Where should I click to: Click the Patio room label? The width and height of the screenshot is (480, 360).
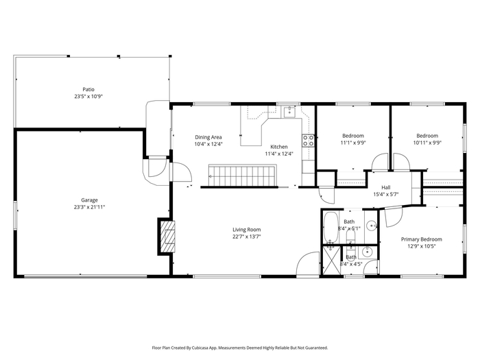coord(88,89)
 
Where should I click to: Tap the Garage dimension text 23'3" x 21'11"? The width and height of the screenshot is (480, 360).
coord(89,207)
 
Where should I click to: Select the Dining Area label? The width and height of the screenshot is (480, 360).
coord(208,137)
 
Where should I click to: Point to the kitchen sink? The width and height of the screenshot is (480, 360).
coord(289,112)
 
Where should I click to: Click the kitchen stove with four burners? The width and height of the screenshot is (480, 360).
coord(309,141)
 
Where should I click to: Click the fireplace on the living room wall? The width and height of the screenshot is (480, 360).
coord(167,236)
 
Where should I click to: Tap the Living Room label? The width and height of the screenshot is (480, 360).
coord(247,230)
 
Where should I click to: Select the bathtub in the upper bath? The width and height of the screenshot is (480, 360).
coord(331,227)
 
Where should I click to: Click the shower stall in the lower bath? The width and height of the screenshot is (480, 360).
coord(332,261)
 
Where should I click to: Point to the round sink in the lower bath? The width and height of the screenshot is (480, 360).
coord(367,252)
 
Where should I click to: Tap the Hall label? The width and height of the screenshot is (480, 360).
coord(385,187)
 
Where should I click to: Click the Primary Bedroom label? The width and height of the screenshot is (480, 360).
coord(422,239)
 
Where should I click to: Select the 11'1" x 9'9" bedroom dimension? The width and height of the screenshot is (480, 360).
coord(353,143)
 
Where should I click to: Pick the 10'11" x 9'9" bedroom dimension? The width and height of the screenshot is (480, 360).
coord(427,143)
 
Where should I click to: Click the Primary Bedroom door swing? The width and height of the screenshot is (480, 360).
coord(394,217)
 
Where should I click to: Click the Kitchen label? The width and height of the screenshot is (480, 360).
coord(279,147)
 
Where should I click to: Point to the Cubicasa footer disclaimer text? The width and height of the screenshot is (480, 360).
coord(240,348)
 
